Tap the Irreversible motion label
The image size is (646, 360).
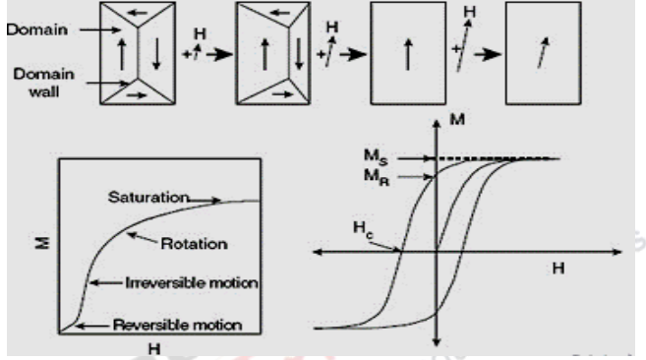pyautogui.click(x=191, y=283)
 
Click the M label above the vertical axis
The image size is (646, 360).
pyautogui.click(x=455, y=121)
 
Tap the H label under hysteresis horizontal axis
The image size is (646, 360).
pyautogui.click(x=558, y=270)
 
